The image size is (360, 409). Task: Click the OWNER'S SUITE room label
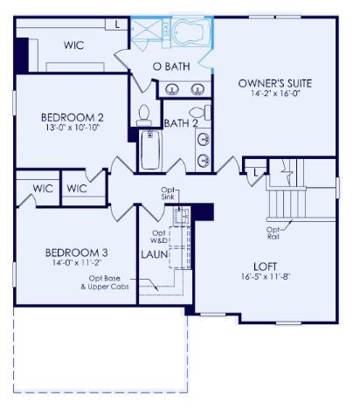click(x=274, y=83)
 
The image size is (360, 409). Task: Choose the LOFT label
click(x=264, y=265)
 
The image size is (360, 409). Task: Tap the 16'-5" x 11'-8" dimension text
click(x=264, y=276)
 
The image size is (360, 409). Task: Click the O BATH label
click(x=171, y=66)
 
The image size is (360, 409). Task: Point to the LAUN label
click(x=156, y=254)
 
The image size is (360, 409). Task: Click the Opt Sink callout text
click(x=169, y=194)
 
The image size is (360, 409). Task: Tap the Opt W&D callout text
click(x=158, y=238)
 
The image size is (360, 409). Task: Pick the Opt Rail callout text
click(x=273, y=232)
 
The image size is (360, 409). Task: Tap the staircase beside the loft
click(x=287, y=196)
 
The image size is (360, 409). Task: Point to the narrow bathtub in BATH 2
click(x=150, y=149)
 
